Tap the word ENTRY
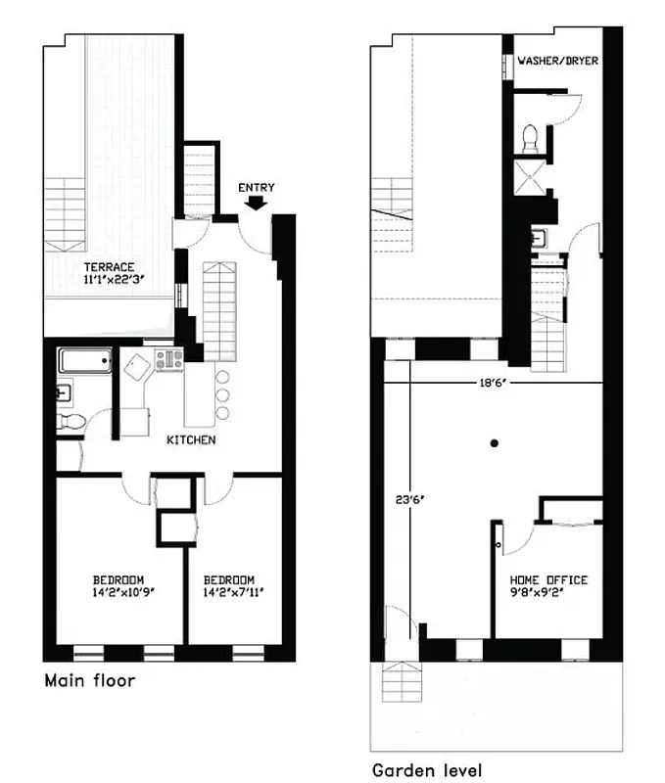pos(256,187)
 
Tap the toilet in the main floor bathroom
pos(70,423)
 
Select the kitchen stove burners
pos(169,360)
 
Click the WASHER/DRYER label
pos(557,61)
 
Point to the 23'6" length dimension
pos(404,500)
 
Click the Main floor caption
pos(89,680)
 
